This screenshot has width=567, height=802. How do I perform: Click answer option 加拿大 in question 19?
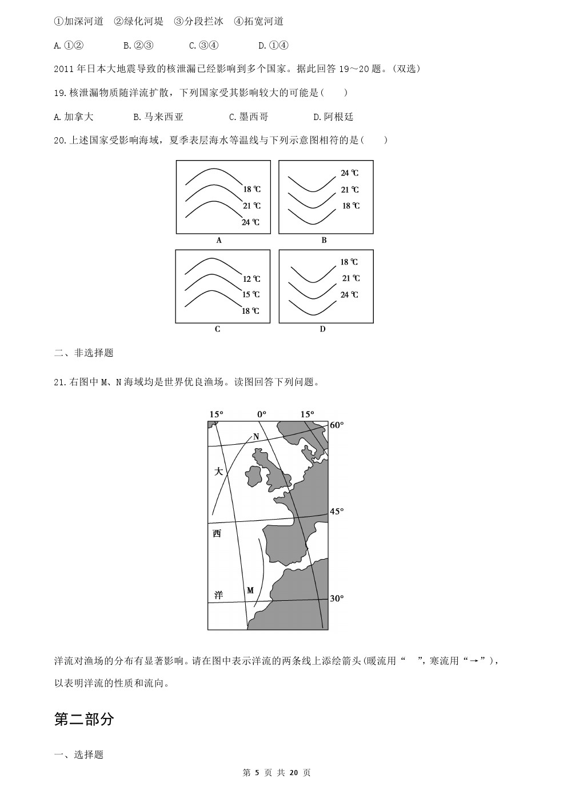pyautogui.click(x=74, y=117)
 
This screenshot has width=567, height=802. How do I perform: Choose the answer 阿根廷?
pyautogui.click(x=334, y=117)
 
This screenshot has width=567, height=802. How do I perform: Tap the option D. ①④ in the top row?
pyautogui.click(x=273, y=45)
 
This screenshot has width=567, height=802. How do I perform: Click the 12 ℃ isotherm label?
pyautogui.click(x=251, y=279)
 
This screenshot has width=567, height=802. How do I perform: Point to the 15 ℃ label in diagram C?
pyautogui.click(x=251, y=294)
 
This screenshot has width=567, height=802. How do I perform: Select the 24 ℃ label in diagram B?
pyautogui.click(x=350, y=173)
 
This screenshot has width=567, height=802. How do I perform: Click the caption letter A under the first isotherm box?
pyautogui.click(x=219, y=241)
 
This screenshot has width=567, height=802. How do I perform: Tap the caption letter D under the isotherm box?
pyautogui.click(x=322, y=329)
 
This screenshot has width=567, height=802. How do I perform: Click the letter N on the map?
pyautogui.click(x=256, y=437)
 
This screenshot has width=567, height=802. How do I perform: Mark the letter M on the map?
pyautogui.click(x=250, y=590)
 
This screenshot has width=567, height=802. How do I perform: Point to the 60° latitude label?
pyautogui.click(x=337, y=425)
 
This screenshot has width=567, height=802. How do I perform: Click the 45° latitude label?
pyautogui.click(x=337, y=511)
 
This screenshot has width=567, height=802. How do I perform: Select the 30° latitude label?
pyautogui.click(x=337, y=598)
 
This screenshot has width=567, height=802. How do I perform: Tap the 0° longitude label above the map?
pyautogui.click(x=261, y=414)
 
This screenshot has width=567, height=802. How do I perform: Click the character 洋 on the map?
pyautogui.click(x=218, y=595)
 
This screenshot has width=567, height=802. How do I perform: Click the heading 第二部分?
pyautogui.click(x=84, y=719)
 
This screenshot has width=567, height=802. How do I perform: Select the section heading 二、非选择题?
pyautogui.click(x=83, y=353)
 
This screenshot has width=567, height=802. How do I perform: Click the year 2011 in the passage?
pyautogui.click(x=65, y=69)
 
